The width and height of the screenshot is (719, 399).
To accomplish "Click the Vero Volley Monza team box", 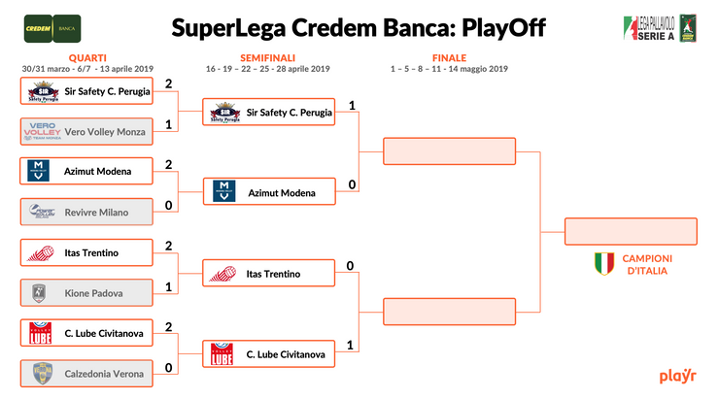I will [x=86, y=131].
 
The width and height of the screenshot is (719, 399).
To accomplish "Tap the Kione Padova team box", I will [x=86, y=292].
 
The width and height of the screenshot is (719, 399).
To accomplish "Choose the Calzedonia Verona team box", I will [x=86, y=374].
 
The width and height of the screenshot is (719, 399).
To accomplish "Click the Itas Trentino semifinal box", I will [x=268, y=274].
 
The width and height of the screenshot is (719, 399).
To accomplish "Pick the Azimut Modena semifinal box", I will [x=268, y=192].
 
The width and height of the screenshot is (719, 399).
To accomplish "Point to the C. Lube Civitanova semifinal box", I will [x=268, y=354].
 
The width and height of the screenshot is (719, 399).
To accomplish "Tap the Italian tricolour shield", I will [x=604, y=263].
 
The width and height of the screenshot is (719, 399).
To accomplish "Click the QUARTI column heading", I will [x=88, y=58].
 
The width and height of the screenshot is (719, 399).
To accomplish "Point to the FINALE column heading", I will [x=449, y=58].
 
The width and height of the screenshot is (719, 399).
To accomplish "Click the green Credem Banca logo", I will [x=52, y=28].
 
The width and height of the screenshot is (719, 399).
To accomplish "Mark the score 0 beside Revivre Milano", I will [x=169, y=205].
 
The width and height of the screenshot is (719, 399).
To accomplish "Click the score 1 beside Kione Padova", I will [x=169, y=286].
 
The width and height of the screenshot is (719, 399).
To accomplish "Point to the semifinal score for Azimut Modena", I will [x=351, y=185].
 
